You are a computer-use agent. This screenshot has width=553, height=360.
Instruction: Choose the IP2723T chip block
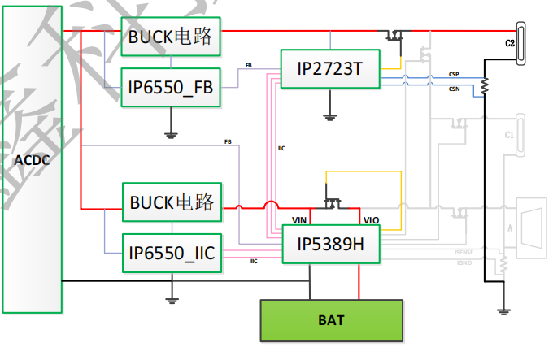[x=329, y=68]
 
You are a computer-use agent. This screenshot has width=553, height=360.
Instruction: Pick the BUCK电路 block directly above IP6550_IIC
[x=171, y=202]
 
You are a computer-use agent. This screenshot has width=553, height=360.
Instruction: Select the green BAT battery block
[x=331, y=320]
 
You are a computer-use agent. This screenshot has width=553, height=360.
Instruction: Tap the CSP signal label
[x=453, y=74]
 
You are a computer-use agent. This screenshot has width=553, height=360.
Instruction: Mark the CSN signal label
[x=453, y=89]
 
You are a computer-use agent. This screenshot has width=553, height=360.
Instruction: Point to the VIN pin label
[x=299, y=220]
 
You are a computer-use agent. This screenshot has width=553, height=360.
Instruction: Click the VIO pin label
[x=370, y=220]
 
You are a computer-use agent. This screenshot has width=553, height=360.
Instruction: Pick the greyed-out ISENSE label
[x=463, y=253]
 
